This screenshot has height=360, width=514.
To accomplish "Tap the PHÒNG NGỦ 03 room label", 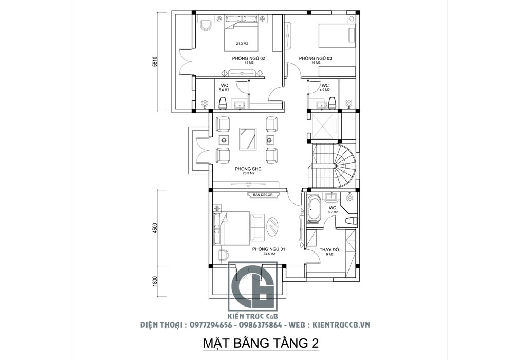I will (315, 59).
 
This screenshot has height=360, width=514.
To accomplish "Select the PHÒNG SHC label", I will (245, 169).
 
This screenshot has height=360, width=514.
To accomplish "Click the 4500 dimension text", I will (155, 227).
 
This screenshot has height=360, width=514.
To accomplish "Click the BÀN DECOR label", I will (263, 194).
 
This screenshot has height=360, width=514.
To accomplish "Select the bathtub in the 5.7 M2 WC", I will (314, 209).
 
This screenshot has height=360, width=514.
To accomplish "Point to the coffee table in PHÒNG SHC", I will (248, 139).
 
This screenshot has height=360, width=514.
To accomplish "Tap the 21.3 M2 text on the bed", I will (242, 44).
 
